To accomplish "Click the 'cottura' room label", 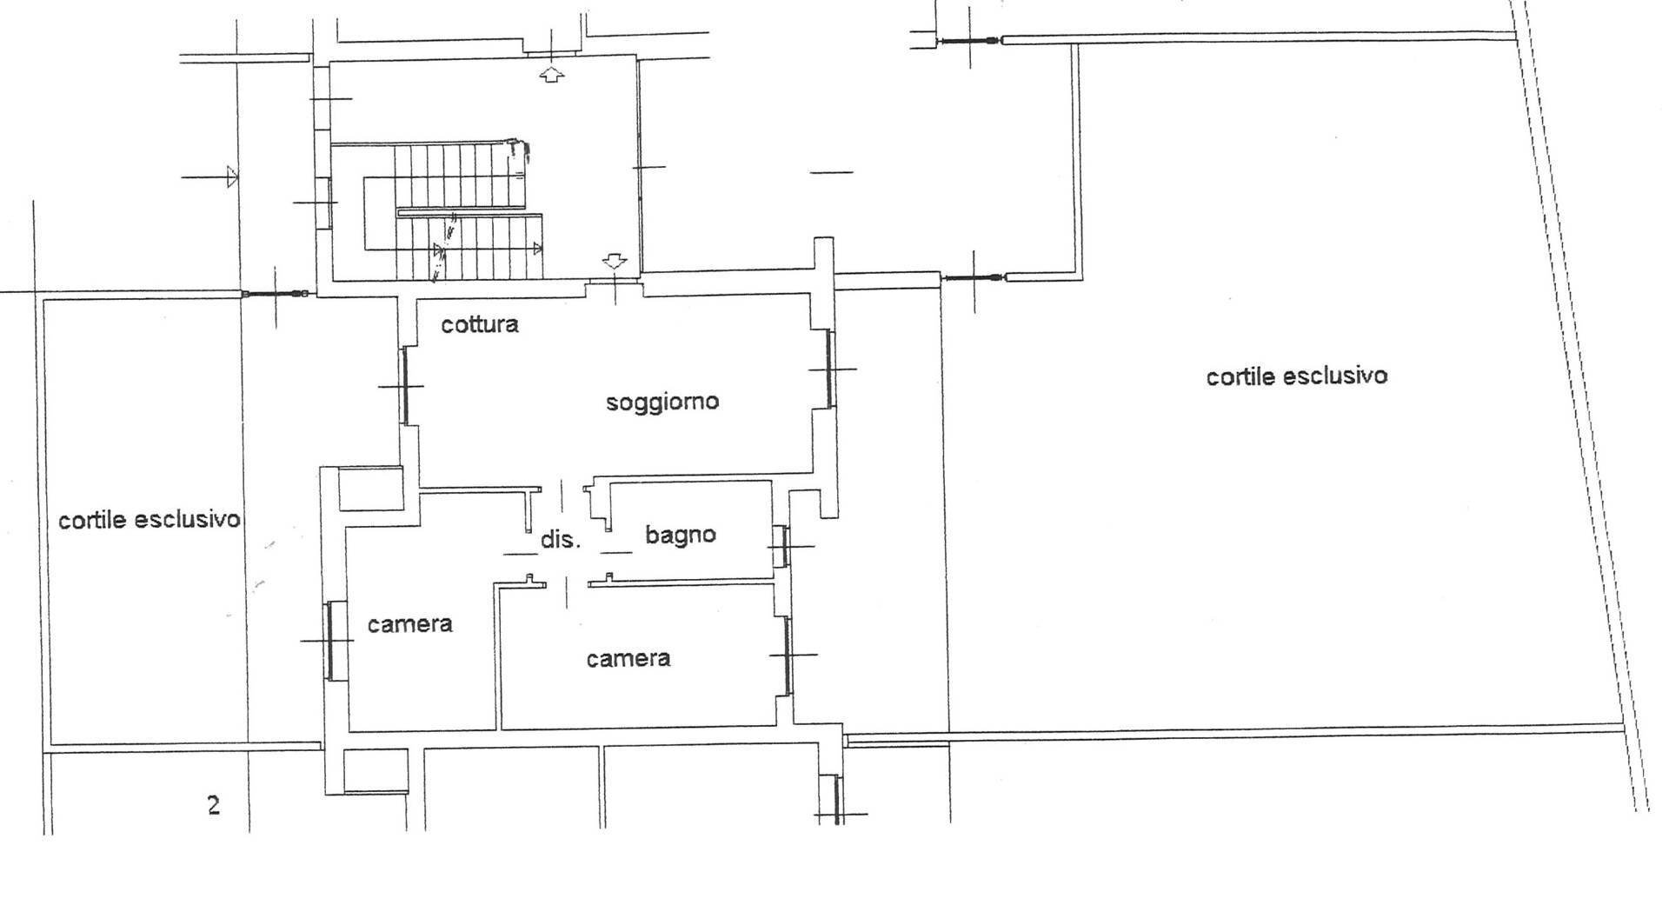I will tap(480, 324).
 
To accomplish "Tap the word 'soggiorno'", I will tap(662, 402).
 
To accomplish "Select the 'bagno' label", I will tap(681, 534).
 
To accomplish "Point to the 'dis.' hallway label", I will tap(560, 539).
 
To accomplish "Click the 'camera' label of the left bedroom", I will tap(409, 624).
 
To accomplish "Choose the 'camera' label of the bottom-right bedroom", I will tap(628, 658).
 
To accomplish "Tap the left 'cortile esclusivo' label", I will tap(149, 520).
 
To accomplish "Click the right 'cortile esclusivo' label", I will tap(1296, 376).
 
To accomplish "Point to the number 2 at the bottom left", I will tap(214, 806).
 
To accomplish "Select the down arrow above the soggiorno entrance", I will tap(615, 260).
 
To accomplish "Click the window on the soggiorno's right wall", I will tap(829, 369).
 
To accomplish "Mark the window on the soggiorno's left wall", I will tap(405, 386).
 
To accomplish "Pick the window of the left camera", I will tap(330, 640).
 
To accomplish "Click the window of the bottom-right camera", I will tap(788, 655).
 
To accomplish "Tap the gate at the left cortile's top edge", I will tap(276, 294).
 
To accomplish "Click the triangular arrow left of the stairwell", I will tap(230, 177).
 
